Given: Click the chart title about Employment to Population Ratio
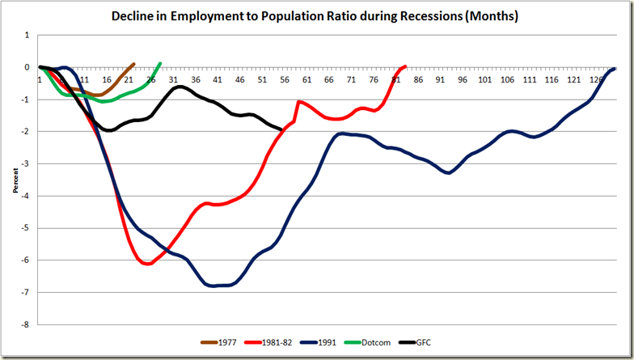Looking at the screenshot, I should pyautogui.click(x=317, y=16).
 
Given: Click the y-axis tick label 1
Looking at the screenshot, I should pyautogui.click(x=27, y=36).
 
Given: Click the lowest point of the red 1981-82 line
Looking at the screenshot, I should pyautogui.click(x=147, y=264).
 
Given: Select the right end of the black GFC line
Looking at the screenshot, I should pyautogui.click(x=281, y=129).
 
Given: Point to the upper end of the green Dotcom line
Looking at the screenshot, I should pyautogui.click(x=160, y=63).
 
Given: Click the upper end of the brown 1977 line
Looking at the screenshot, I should pyautogui.click(x=133, y=64).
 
